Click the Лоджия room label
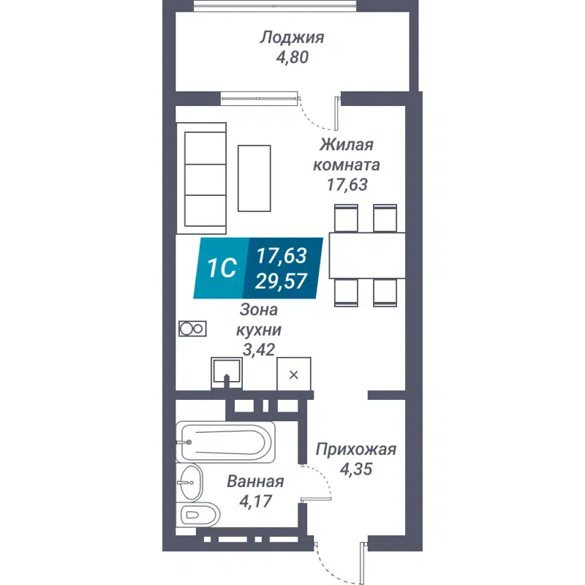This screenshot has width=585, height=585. [x=292, y=37]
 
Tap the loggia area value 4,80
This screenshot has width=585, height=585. [x=292, y=57]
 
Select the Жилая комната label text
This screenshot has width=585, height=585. [x=347, y=154]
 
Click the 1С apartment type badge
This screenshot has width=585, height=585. [x=221, y=268]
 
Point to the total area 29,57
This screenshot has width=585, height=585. [x=282, y=281]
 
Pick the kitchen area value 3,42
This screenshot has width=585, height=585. [x=258, y=350]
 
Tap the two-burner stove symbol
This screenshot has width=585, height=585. [x=192, y=329]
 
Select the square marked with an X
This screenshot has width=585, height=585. [x=293, y=375]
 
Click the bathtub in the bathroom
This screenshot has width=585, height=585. [x=225, y=442]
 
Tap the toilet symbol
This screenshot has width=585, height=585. [x=199, y=514]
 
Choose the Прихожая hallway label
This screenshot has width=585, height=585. [x=355, y=449]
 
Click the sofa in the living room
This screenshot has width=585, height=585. [x=205, y=178]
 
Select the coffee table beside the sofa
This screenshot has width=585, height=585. [x=254, y=177]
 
